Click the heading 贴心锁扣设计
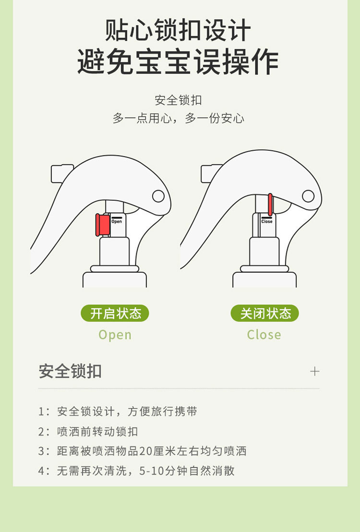(178, 30)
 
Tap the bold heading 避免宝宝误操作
(178, 61)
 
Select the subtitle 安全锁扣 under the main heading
(178, 100)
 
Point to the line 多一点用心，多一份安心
(178, 118)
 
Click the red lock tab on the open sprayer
(102, 225)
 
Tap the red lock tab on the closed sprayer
(270, 205)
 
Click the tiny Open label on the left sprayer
(116, 221)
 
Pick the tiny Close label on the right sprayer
(267, 221)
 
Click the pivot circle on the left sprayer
(158, 196)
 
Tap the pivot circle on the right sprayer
(308, 196)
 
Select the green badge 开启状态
(115, 313)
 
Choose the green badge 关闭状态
(264, 313)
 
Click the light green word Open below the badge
(115, 335)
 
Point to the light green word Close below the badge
(264, 335)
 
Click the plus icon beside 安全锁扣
(315, 371)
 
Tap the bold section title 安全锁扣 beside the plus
(70, 371)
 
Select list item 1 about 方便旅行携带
(118, 411)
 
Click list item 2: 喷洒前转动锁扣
(88, 432)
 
